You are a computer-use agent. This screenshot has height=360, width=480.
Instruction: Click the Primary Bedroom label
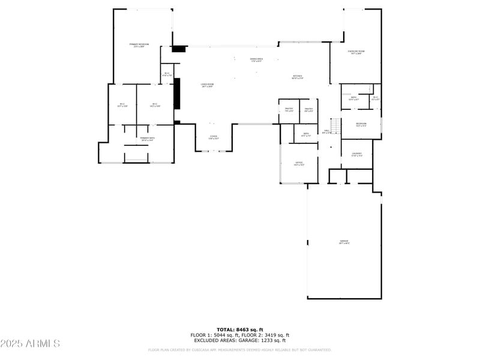point(139,45)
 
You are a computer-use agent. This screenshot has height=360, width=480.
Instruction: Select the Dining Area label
point(256,59)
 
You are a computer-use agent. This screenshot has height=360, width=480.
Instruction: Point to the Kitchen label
point(297,77)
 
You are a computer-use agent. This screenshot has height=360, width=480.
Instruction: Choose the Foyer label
point(214,137)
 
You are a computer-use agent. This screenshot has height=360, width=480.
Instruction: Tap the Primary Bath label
point(148,139)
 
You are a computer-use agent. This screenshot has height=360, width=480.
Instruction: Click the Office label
point(299,163)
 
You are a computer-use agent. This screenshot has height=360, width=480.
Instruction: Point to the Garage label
point(344,242)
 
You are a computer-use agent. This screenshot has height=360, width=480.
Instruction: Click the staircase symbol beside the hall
point(336,128)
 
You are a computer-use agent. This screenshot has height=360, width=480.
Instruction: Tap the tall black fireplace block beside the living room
point(177,93)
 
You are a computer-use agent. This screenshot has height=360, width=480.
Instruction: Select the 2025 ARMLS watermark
point(30,343)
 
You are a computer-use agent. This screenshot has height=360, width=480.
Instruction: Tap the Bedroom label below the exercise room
point(361,124)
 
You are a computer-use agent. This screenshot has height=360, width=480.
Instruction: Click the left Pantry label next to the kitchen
point(289,109)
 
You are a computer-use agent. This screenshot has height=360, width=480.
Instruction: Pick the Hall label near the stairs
point(327,131)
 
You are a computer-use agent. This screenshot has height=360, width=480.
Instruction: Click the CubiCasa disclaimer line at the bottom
point(240,350)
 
